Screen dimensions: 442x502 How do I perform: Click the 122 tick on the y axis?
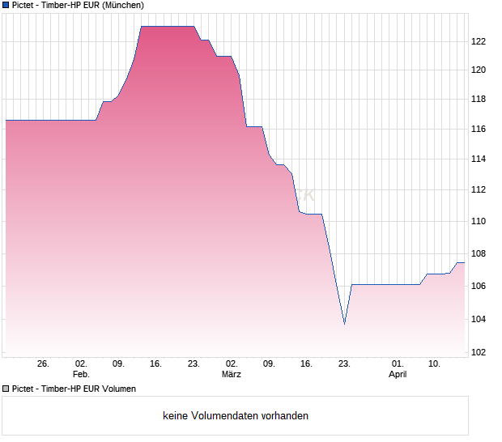tap(479, 41)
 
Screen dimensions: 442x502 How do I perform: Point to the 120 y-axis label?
tap(479, 70)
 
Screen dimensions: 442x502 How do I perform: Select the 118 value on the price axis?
tap(479, 100)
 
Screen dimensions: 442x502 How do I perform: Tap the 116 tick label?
tap(479, 130)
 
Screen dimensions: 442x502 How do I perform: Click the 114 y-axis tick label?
tap(479, 159)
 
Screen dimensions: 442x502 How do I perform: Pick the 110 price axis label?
tap(479, 221)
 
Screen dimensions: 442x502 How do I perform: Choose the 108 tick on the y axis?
tap(479, 253)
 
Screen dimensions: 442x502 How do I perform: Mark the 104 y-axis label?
tap(479, 319)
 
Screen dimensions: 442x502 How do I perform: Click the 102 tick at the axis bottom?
tap(479, 352)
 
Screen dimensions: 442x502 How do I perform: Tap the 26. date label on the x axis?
tap(44, 364)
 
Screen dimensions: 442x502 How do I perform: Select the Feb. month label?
tap(81, 375)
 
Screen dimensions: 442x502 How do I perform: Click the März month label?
tap(232, 375)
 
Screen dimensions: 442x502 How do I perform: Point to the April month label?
tap(398, 375)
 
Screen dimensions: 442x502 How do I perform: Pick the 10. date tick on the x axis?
tap(435, 364)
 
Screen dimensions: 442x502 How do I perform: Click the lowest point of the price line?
tap(344, 324)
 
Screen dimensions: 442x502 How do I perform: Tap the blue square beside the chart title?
tap(6, 5)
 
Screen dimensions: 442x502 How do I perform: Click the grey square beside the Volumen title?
tap(6, 389)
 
